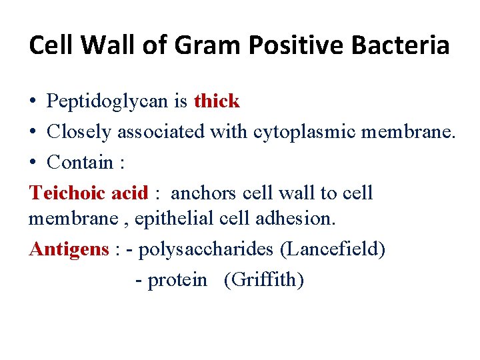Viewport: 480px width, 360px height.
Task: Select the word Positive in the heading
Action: (x=279, y=45)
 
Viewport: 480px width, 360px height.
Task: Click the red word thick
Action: (x=216, y=101)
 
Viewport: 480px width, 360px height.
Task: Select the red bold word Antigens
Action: (x=69, y=249)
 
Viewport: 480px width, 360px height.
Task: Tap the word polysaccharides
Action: (x=207, y=249)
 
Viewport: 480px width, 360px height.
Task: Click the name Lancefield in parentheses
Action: (x=333, y=249)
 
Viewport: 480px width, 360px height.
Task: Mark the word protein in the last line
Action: (x=177, y=281)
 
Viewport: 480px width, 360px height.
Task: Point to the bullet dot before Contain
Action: (x=33, y=163)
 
